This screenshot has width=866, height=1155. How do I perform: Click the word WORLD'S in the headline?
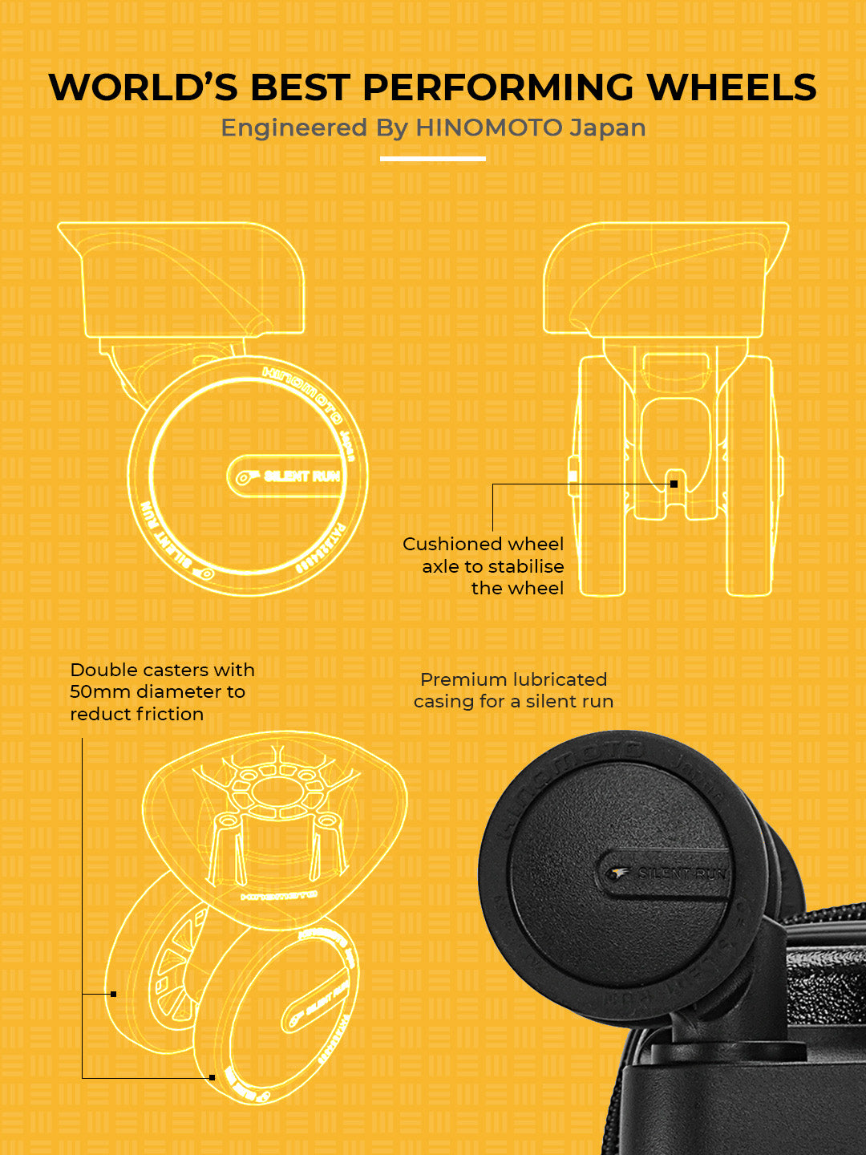pyautogui.click(x=145, y=87)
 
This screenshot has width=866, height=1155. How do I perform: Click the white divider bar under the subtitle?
pyautogui.click(x=432, y=159)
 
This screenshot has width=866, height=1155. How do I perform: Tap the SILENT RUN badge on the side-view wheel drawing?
pyautogui.click(x=289, y=476)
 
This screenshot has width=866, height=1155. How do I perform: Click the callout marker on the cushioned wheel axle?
pyautogui.click(x=674, y=484)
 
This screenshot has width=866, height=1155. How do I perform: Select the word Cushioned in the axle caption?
pyautogui.click(x=446, y=544)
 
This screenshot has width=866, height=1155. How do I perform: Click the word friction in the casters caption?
pyautogui.click(x=170, y=714)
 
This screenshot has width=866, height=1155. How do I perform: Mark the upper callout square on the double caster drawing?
pyautogui.click(x=113, y=994)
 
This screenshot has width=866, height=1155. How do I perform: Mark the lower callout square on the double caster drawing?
pyautogui.click(x=212, y=1077)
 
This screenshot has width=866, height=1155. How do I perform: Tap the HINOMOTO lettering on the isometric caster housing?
pyautogui.click(x=279, y=894)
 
